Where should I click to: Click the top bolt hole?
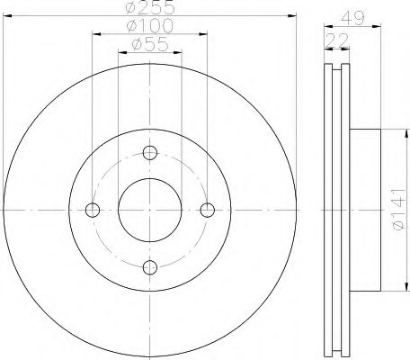[150, 151]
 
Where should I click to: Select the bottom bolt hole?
[150, 267]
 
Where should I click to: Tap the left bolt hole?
[93, 210]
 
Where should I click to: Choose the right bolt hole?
[208, 210]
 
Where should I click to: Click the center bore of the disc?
[150, 210]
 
